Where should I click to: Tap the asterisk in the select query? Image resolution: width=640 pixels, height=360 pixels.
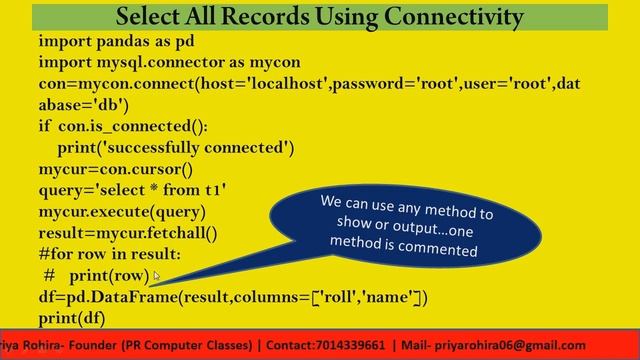[145, 191]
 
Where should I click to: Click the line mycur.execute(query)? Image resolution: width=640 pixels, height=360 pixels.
[122, 211]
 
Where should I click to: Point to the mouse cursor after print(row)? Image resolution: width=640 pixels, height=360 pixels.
[157, 277]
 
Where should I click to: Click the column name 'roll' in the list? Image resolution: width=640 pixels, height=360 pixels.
[343, 297]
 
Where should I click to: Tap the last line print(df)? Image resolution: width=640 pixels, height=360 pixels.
[72, 318]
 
